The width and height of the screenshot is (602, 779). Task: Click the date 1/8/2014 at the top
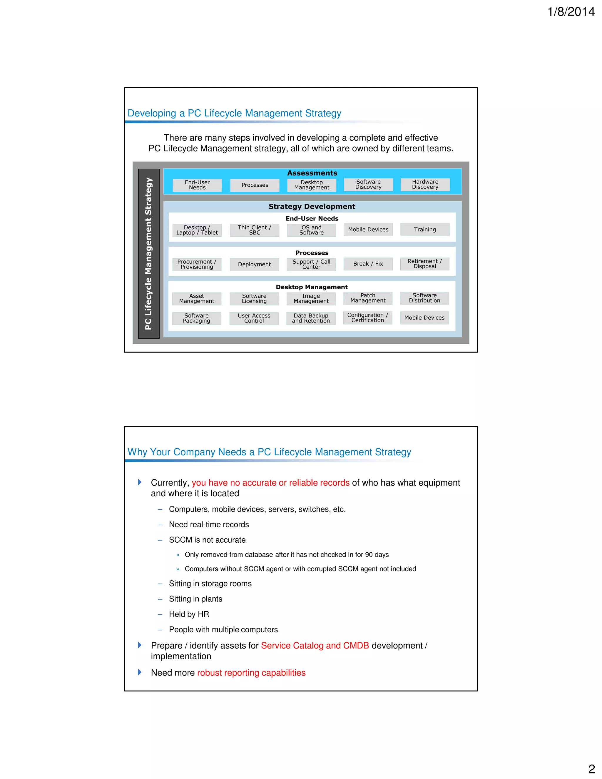tap(571, 12)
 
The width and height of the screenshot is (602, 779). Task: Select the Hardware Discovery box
tap(425, 184)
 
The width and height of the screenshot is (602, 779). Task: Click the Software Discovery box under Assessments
tap(368, 184)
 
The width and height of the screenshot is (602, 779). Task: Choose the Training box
tap(425, 229)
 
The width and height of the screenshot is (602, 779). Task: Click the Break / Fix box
tap(368, 264)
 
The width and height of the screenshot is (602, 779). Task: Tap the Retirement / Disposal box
tap(424, 264)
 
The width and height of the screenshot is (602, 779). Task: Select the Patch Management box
tap(368, 298)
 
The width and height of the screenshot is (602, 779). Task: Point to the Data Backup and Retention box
tap(311, 318)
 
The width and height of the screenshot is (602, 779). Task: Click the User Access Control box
tap(254, 318)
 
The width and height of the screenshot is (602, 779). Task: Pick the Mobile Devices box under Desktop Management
tap(424, 318)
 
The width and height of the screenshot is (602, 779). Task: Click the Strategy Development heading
tap(312, 207)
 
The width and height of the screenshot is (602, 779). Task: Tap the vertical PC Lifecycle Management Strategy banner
tap(148, 254)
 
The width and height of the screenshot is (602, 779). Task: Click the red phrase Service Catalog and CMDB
tap(315, 646)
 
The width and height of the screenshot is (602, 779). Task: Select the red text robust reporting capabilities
tap(251, 673)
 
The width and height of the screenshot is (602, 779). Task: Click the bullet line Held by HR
tap(189, 614)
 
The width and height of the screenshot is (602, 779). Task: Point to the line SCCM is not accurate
tap(207, 540)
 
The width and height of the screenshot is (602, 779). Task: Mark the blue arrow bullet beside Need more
tap(140, 672)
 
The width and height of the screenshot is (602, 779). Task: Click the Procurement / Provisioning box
tap(197, 264)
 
